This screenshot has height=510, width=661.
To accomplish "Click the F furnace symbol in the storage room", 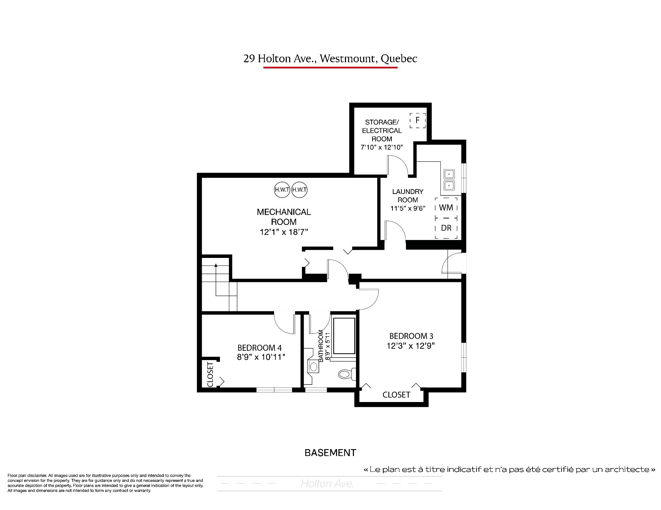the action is pyautogui.click(x=418, y=120).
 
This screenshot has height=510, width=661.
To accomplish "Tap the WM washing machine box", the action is pyautogui.click(x=446, y=207).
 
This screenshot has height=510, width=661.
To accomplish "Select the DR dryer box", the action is pyautogui.click(x=446, y=228).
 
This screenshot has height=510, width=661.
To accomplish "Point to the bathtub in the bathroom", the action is pyautogui.click(x=344, y=336).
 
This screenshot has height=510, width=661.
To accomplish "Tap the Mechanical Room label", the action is pyautogui.click(x=284, y=217).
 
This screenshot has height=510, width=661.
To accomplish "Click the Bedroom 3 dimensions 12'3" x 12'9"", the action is pyautogui.click(x=411, y=346).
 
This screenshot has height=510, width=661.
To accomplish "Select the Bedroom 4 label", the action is pyautogui.click(x=260, y=348).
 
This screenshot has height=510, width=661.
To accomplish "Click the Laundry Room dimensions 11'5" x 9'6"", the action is pyautogui.click(x=408, y=208).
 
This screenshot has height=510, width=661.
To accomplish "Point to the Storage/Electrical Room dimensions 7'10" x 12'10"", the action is pyautogui.click(x=382, y=147).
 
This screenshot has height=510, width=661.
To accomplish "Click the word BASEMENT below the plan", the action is pyautogui.click(x=330, y=453).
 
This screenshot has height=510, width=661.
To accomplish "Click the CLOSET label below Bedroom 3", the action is pyautogui.click(x=396, y=395).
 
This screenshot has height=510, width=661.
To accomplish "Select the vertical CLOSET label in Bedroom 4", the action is pyautogui.click(x=210, y=375).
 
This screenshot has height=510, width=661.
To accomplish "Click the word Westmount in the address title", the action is pyautogui.click(x=347, y=58).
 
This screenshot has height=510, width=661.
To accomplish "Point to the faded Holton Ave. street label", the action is pyautogui.click(x=327, y=484).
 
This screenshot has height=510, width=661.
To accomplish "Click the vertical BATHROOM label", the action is pyautogui.click(x=321, y=345).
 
